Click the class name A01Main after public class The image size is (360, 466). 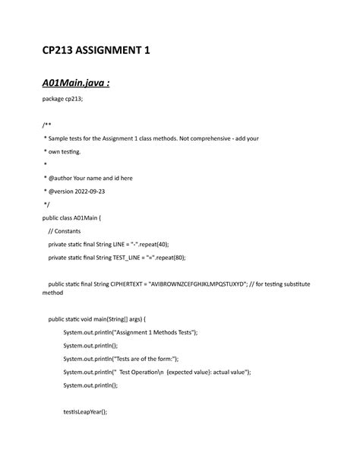click(95, 217)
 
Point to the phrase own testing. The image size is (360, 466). click(68, 151)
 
